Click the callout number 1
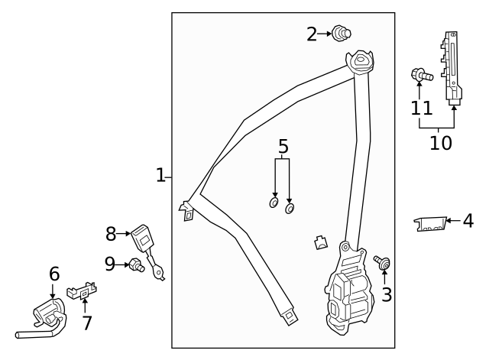(160, 176)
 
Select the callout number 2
(312, 34)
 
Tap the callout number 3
(387, 294)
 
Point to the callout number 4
(468, 222)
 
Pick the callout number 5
(283, 146)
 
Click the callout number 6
(53, 273)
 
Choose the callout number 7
(87, 323)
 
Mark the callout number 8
(111, 234)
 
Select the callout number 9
(110, 264)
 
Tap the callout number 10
(440, 142)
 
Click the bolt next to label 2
(341, 33)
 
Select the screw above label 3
(382, 263)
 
